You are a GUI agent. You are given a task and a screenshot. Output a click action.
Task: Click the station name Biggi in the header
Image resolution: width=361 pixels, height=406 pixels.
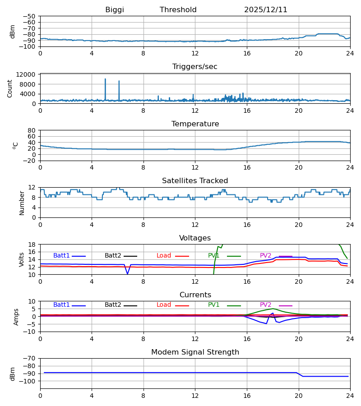[x=115, y=10]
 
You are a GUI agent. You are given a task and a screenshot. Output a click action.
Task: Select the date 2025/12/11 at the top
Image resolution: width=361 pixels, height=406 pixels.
[x=266, y=10]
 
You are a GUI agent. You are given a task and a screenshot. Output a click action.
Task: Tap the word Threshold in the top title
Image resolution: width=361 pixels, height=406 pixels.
[x=178, y=10]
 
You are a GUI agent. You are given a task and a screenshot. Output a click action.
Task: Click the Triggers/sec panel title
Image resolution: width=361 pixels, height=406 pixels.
[x=195, y=67]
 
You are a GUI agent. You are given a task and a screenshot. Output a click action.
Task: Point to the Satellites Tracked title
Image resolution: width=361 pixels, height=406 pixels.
[x=195, y=181]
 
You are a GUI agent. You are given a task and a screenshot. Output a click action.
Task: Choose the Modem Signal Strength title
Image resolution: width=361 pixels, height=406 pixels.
[x=195, y=352]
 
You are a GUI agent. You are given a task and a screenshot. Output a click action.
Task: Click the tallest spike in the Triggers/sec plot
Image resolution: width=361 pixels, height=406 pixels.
[x=105, y=79]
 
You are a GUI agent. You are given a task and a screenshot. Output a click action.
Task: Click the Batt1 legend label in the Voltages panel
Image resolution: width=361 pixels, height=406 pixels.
[x=61, y=256]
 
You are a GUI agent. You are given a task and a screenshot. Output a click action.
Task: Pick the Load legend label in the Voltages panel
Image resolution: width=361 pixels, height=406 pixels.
[x=164, y=256]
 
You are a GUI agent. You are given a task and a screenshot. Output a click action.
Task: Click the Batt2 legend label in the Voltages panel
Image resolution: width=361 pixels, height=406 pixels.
[x=113, y=256]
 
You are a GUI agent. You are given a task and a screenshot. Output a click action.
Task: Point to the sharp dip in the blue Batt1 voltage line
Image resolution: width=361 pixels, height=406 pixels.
[x=127, y=273]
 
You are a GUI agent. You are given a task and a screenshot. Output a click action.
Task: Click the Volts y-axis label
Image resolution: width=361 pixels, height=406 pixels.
[x=22, y=259]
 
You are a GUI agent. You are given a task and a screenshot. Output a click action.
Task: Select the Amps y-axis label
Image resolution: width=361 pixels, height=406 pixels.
[x=16, y=317]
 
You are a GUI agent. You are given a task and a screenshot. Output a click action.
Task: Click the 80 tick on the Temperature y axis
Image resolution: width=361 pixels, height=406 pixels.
[x=32, y=130]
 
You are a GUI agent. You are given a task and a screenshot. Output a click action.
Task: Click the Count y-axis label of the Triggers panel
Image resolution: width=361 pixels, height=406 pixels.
[x=10, y=88]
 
